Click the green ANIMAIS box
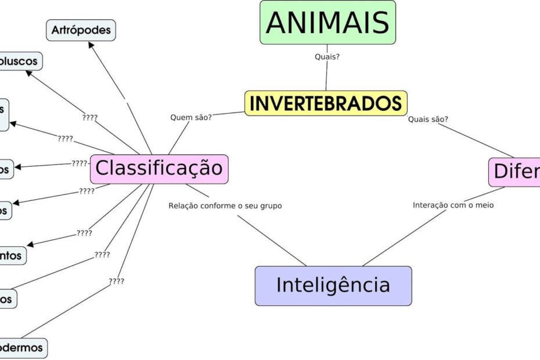pos(327,22)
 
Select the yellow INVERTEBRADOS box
pos(325,103)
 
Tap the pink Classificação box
pos(159,168)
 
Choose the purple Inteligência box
pos(333,285)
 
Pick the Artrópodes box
pos(81,30)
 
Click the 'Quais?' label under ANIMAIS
pos(327,57)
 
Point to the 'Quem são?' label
pos(190,117)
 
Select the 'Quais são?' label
pos(428,120)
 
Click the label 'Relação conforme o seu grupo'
pos(225,206)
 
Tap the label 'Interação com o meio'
pos(453,205)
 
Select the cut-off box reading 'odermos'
pos(22,347)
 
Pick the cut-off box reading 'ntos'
pos(12,255)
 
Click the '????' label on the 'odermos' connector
pos(116,282)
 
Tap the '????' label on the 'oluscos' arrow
pos(90,117)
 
